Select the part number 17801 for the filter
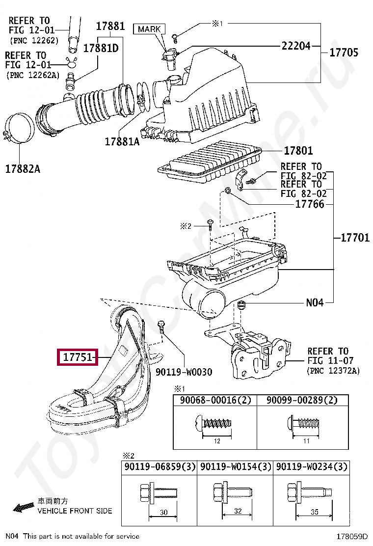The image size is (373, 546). pyautogui.click(x=298, y=151)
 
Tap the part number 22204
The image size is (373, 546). pyautogui.click(x=296, y=46)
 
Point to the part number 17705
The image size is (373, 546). pyautogui.click(x=344, y=53)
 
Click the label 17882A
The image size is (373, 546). pyautogui.click(x=23, y=169)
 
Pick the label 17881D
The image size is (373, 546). pyautogui.click(x=101, y=48)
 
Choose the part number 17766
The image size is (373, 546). pyautogui.click(x=310, y=204)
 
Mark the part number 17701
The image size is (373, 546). pyautogui.click(x=355, y=238)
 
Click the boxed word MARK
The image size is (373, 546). pyautogui.click(x=149, y=29)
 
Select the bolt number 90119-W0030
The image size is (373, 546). pyautogui.click(x=184, y=372)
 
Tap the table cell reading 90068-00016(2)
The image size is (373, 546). pyautogui.click(x=215, y=400)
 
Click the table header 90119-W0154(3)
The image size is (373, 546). pyautogui.click(x=236, y=466)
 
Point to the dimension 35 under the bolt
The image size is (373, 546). pyautogui.click(x=314, y=512)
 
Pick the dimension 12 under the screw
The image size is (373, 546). pyautogui.click(x=217, y=441)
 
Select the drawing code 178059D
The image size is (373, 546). pyautogui.click(x=351, y=537)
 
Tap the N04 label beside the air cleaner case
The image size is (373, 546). pyautogui.click(x=315, y=302)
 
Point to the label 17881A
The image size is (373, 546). pyautogui.click(x=122, y=141)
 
